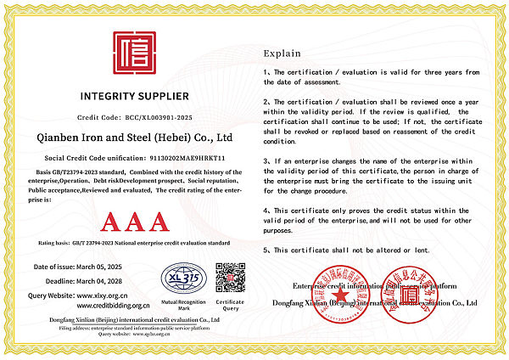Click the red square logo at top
click(x=135, y=53)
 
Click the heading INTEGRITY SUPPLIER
click(x=135, y=95)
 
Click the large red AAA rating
click(x=134, y=222)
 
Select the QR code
click(x=229, y=278)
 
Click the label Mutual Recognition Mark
click(x=184, y=304)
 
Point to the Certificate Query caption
click(x=230, y=304)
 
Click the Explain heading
click(x=282, y=52)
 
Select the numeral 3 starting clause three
click(x=266, y=160)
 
